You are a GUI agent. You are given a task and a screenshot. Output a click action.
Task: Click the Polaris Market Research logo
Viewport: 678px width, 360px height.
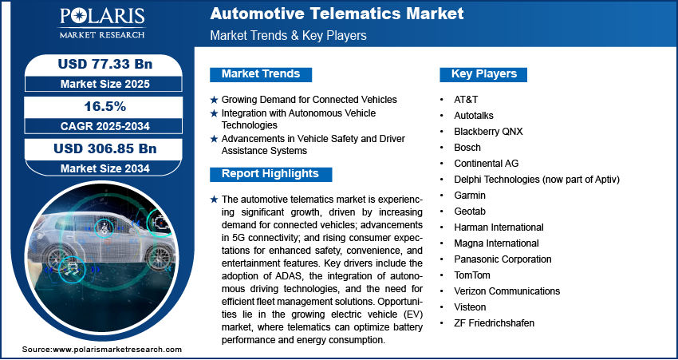102,23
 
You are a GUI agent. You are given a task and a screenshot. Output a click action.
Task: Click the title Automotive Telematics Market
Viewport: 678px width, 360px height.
337,14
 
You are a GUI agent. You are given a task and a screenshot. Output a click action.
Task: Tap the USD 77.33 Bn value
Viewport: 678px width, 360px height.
105,65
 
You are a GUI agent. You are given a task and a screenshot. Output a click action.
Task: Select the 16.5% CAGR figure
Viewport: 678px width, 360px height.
105,106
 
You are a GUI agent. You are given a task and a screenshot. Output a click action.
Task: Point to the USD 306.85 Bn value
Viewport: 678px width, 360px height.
105,148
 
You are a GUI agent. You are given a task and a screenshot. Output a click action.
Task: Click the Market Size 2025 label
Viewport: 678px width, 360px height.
105,84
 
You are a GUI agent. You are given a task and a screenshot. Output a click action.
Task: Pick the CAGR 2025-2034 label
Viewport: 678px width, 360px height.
105,126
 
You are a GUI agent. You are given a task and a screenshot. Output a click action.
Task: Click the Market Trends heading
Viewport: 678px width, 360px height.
261,74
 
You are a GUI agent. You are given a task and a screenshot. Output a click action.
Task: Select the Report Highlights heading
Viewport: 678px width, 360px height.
270,174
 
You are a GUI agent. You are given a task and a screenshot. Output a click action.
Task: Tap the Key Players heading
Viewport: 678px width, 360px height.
484,74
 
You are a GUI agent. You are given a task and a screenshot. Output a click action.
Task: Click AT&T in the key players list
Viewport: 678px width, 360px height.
466,100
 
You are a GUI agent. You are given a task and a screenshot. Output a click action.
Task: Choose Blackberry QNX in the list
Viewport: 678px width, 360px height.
488,132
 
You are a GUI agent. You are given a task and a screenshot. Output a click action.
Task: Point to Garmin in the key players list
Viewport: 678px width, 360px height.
470,195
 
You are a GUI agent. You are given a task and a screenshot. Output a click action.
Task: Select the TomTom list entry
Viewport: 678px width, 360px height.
471,275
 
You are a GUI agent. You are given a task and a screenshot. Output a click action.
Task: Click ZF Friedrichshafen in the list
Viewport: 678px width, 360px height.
494,322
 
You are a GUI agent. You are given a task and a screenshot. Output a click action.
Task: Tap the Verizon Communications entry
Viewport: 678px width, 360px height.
507,291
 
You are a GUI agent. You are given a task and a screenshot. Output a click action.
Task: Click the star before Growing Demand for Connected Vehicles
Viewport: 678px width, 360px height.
214,100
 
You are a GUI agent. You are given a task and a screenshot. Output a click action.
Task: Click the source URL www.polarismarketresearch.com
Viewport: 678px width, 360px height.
117,350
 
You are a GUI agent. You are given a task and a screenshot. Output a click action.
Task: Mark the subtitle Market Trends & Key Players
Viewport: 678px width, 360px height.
288,35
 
